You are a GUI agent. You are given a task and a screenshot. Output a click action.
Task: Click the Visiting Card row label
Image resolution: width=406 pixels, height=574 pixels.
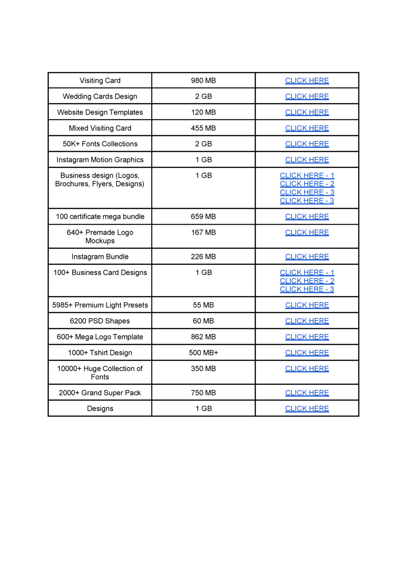point(100,80)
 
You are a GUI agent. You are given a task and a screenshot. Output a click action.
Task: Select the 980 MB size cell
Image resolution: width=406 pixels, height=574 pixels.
point(203,80)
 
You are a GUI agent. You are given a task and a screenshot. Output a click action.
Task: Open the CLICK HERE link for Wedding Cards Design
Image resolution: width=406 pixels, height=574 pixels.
point(307,96)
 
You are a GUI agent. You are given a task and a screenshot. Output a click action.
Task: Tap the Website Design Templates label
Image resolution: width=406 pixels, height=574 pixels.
point(100,112)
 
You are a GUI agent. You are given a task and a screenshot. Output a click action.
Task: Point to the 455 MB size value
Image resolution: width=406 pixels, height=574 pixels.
point(203,128)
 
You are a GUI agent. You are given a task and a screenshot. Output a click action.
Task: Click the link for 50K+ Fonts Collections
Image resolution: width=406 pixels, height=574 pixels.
point(307,144)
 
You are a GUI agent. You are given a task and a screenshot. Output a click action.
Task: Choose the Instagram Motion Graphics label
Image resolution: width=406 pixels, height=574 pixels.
point(100,160)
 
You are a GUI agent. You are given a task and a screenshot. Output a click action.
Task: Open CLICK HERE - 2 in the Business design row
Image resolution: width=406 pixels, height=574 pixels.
point(307,184)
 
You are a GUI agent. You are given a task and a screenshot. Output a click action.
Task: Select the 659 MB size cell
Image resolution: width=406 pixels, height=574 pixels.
point(203,216)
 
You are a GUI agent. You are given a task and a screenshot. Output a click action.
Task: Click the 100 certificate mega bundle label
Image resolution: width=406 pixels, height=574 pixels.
point(100,216)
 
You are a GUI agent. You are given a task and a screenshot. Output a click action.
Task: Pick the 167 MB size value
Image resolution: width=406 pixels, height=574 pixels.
point(203,232)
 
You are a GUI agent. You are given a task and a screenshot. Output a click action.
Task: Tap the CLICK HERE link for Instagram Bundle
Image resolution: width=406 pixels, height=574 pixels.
point(307,256)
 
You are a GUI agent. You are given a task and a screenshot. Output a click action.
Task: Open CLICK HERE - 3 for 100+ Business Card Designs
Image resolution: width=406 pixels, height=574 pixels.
point(307,289)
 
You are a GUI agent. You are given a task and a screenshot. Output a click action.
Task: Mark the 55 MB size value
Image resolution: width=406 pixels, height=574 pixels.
point(203,305)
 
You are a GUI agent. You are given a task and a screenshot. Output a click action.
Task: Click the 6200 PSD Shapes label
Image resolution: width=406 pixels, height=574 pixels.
point(100,321)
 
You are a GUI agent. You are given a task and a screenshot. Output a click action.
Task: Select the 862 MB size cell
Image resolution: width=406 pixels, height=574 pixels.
point(203,337)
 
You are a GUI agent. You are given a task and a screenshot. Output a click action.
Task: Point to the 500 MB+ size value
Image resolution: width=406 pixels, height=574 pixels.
point(203,352)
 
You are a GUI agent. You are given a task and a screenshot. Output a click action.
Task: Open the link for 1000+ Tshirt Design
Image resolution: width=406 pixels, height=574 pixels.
point(307,352)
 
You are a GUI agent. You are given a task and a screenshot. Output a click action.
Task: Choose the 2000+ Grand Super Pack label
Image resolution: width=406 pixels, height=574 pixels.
point(100,393)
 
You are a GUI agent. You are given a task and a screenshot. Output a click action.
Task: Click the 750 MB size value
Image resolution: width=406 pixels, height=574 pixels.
point(203,393)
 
